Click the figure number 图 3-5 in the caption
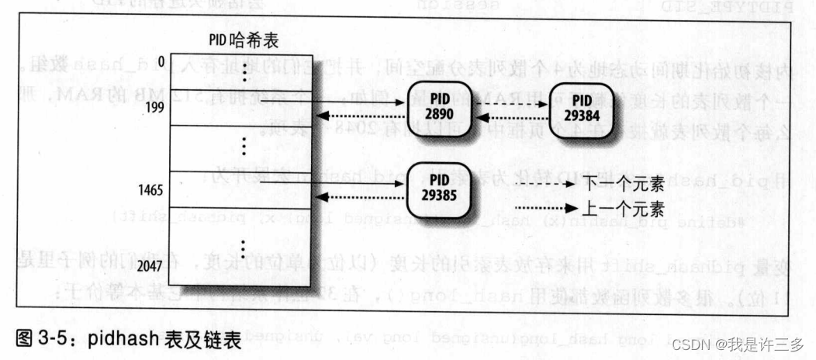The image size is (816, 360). pos(50,337)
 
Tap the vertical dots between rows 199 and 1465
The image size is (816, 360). pos(246,145)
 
